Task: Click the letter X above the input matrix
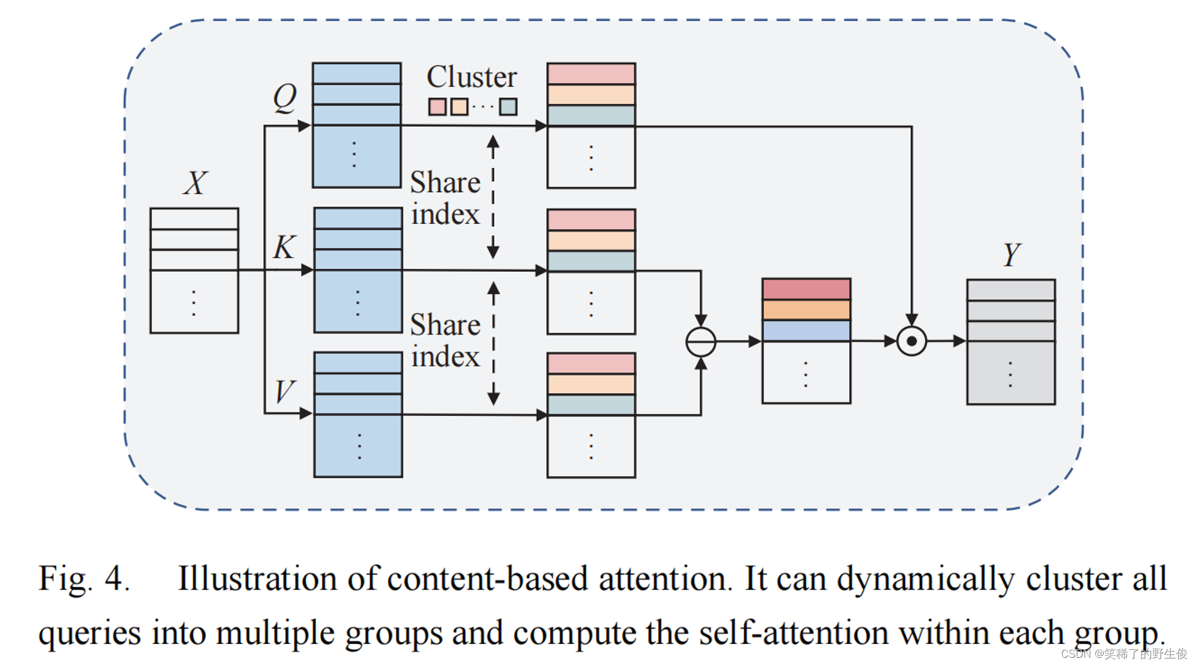pyautogui.click(x=195, y=183)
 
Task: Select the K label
pyautogui.click(x=284, y=247)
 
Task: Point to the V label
pyautogui.click(x=284, y=392)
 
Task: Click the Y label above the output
pyautogui.click(x=1011, y=255)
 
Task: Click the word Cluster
pyautogui.click(x=472, y=77)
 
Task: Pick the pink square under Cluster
pyautogui.click(x=437, y=107)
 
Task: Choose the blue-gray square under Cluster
pyautogui.click(x=508, y=107)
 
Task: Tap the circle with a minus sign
pyautogui.click(x=700, y=342)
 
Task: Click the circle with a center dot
pyautogui.click(x=911, y=341)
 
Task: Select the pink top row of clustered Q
pyautogui.click(x=591, y=74)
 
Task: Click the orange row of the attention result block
pyautogui.click(x=806, y=309)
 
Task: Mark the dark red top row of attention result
pyautogui.click(x=806, y=289)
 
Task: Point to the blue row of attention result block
pyautogui.click(x=806, y=330)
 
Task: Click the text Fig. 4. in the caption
pyautogui.click(x=84, y=579)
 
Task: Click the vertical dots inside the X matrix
pyautogui.click(x=194, y=303)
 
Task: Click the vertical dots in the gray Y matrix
pyautogui.click(x=1010, y=375)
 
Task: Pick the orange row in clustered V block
pyautogui.click(x=591, y=384)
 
